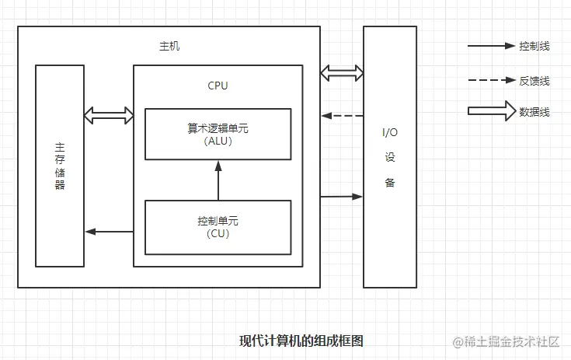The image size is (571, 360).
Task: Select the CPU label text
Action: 218,86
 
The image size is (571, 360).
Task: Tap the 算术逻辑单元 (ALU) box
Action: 218,134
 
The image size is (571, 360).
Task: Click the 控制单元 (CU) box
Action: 218,226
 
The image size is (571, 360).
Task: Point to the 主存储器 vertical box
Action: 60,165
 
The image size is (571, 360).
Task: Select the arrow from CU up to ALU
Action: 218,180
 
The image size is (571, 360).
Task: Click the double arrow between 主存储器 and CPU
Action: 109,116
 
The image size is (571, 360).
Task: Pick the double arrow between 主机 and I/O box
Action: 342,73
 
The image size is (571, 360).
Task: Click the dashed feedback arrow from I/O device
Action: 342,116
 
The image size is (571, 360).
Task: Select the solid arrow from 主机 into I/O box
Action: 342,196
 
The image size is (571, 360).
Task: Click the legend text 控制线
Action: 534,47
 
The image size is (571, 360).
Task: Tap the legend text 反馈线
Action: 534,80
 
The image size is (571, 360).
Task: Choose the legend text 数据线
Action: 534,112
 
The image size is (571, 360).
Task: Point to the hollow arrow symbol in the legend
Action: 491,111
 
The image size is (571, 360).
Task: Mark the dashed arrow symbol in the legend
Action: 491,80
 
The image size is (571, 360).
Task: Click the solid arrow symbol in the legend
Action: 491,47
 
